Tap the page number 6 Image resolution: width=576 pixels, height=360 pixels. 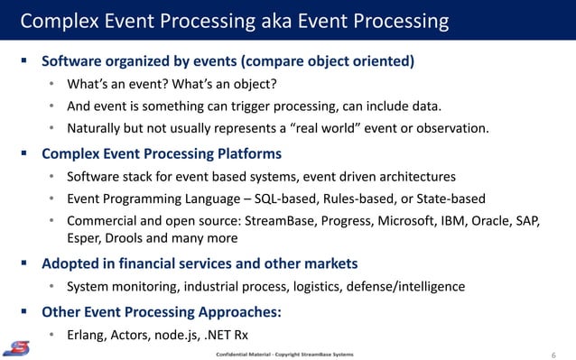[x=553, y=354]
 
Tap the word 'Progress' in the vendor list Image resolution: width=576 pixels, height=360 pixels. [x=330, y=221]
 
